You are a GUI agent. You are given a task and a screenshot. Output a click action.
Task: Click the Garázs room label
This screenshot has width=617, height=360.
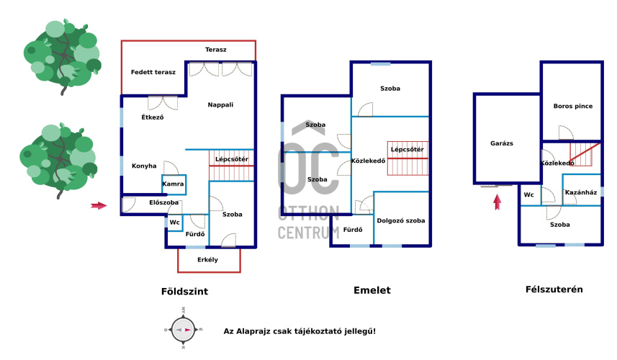(502, 143)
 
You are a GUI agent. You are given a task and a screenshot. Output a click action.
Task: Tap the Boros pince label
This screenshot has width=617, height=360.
(572, 106)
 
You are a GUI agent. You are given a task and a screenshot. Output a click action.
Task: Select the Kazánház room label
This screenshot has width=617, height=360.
(581, 192)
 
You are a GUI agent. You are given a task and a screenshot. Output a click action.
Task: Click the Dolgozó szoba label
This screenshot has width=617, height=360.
(400, 221)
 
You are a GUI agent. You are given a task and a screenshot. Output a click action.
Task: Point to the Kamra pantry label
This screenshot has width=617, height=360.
(173, 184)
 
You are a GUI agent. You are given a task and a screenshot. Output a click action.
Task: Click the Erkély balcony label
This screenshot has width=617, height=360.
(207, 260)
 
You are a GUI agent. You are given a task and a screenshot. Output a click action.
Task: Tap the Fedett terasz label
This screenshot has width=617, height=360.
(153, 72)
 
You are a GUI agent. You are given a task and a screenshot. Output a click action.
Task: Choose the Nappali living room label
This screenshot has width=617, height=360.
(220, 104)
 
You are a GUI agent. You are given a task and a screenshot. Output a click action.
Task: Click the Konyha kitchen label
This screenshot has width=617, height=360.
(144, 166)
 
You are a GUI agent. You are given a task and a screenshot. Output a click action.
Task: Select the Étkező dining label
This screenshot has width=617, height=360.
(153, 117)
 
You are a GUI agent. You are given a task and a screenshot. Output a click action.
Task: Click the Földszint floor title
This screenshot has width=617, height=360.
(184, 292)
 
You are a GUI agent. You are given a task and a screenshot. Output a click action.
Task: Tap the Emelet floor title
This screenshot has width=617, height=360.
(371, 290)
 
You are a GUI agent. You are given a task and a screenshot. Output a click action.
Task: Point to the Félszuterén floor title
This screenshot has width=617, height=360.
(554, 289)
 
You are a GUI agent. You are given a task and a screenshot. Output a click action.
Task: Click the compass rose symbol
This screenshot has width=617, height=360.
(183, 330)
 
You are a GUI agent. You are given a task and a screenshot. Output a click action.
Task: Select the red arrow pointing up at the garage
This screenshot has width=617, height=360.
(497, 202)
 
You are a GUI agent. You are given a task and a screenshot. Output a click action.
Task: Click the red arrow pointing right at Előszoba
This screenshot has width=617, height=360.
(99, 205)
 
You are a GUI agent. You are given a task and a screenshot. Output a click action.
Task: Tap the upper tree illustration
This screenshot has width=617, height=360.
(62, 56)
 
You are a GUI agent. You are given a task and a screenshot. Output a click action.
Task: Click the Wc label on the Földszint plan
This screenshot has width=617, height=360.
(175, 222)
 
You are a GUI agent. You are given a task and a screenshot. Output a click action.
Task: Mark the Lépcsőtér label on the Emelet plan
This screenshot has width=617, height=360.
(407, 150)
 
